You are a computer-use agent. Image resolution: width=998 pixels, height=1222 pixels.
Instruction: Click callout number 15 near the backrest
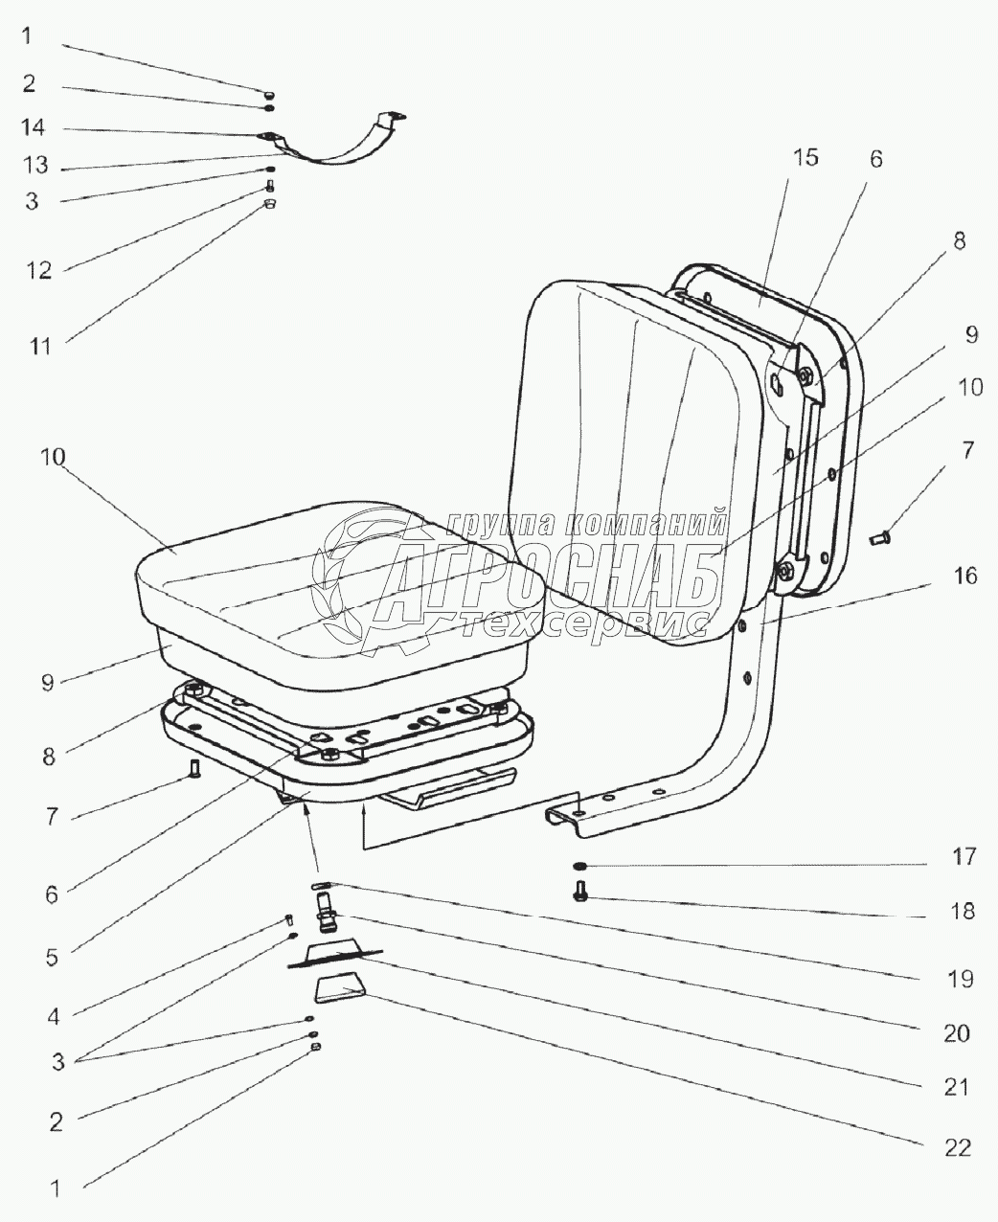[805, 158]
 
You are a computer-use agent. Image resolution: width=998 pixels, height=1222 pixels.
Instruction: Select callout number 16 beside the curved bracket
[964, 576]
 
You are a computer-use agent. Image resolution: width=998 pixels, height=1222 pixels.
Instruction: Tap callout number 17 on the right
[964, 856]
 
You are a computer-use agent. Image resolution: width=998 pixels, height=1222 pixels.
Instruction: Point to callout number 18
[964, 911]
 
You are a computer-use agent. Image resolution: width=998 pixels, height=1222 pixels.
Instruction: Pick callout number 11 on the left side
[38, 345]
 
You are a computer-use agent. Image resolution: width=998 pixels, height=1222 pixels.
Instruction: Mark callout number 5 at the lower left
[52, 955]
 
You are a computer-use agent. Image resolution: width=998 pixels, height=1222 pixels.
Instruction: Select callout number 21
[958, 1087]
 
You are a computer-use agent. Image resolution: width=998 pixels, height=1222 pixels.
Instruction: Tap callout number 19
[961, 979]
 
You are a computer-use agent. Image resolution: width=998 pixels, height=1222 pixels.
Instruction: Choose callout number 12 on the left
[38, 270]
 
